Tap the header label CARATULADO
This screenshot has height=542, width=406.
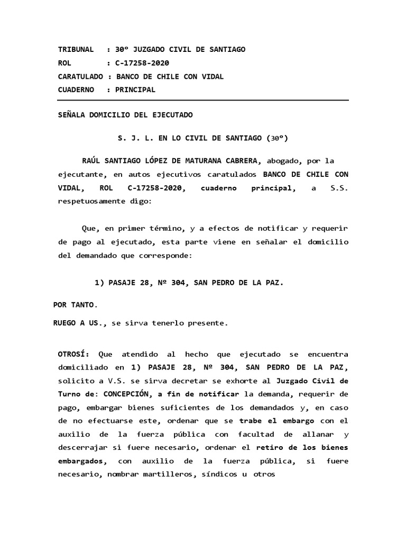80,77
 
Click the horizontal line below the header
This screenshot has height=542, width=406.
203,100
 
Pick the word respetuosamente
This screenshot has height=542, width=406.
93,202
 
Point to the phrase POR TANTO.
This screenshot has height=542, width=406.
76,305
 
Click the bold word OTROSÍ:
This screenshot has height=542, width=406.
73,354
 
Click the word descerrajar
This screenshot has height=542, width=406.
82,448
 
